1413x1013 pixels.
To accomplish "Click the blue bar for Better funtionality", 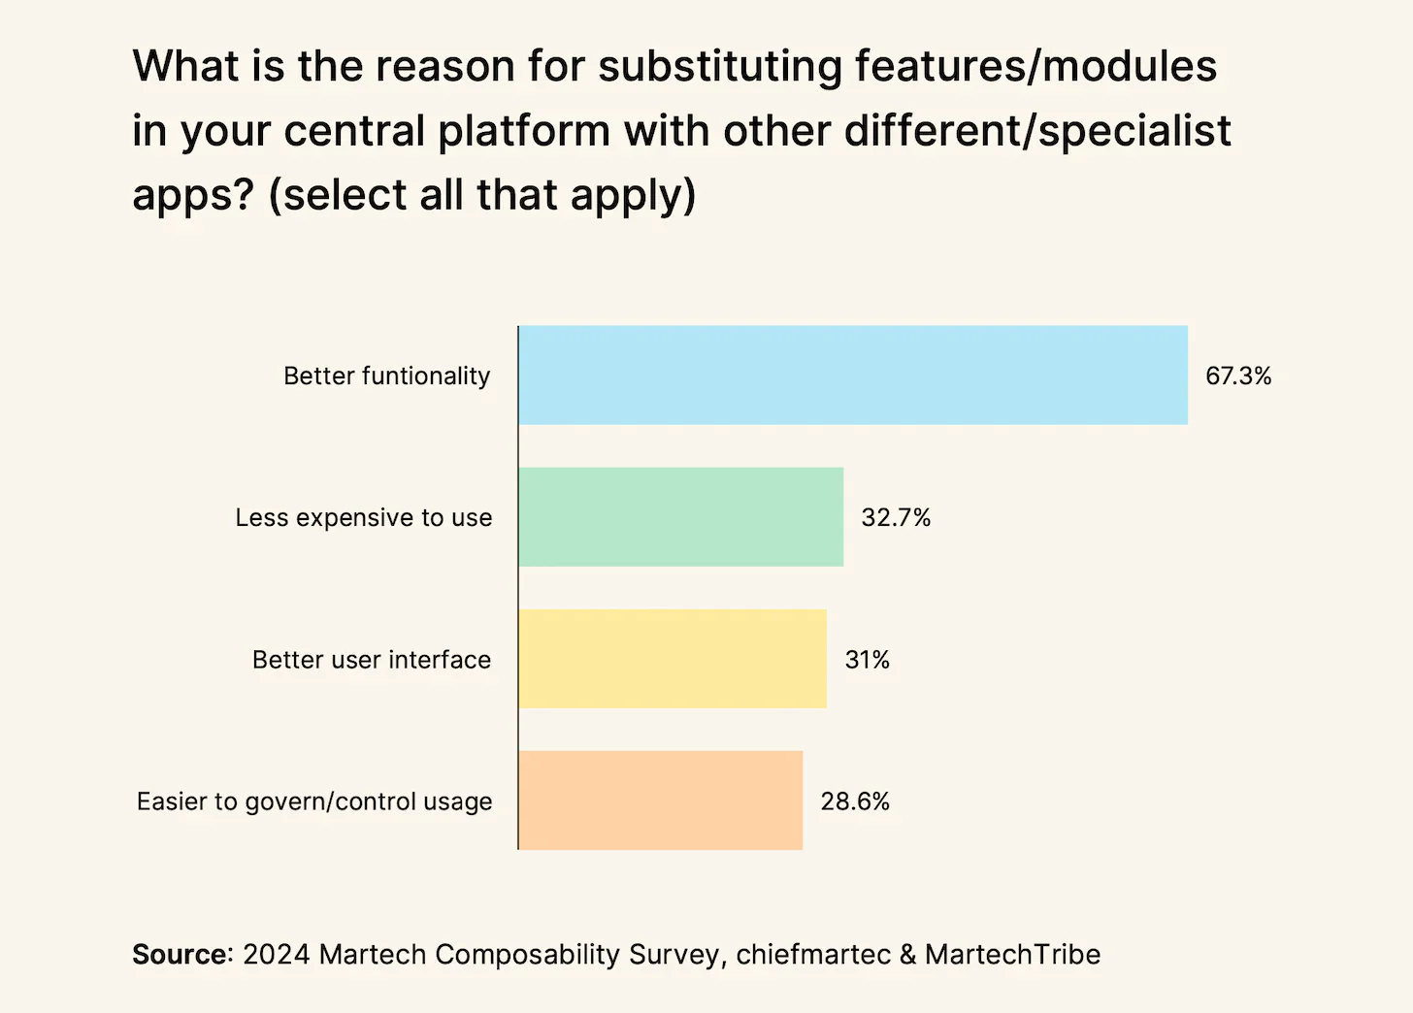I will click(852, 375).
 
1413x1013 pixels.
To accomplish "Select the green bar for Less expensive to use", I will click(680, 516).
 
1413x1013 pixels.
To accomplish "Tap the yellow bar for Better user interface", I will click(672, 659).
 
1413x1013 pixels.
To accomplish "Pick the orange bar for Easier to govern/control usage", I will click(660, 801).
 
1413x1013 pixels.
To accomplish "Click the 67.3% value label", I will click(1238, 376).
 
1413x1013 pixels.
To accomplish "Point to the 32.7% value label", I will click(896, 517).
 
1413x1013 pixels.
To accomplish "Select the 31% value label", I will click(867, 660).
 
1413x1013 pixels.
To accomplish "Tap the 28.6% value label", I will click(855, 801).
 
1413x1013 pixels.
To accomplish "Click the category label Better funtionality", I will click(386, 376).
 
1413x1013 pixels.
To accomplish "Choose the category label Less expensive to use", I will click(363, 517).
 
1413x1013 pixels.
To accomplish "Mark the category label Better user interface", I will click(372, 660).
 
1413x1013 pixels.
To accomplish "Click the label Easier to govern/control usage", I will click(314, 801).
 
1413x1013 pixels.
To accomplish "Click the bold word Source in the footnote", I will click(180, 954).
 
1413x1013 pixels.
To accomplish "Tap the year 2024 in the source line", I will click(276, 954).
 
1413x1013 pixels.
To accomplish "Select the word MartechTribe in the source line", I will click(1012, 954).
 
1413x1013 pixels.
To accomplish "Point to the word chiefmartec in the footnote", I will click(812, 954).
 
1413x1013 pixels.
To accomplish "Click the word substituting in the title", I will click(719, 66).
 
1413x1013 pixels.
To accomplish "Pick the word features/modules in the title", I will click(1035, 66).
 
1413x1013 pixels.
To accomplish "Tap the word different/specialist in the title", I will click(1037, 131).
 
